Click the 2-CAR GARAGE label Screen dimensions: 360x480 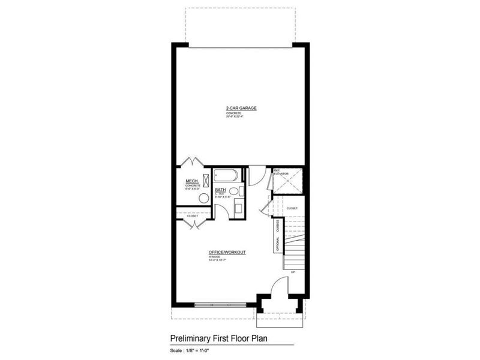click(x=241, y=108)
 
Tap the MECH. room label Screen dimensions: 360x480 click(x=192, y=181)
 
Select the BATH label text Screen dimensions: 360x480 click(x=221, y=190)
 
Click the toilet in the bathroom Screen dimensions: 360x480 click(x=234, y=191)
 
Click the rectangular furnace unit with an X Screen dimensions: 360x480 click(x=206, y=179)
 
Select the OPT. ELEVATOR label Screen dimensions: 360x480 click(x=281, y=172)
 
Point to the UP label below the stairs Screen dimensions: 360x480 click(x=293, y=272)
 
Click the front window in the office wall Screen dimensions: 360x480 click(x=220, y=305)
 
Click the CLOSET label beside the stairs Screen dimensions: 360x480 click(x=292, y=208)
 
